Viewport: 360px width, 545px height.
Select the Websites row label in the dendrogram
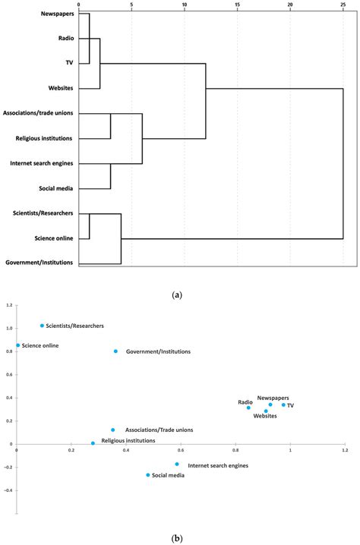tap(57, 89)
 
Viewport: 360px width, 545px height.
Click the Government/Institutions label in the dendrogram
tap(39, 263)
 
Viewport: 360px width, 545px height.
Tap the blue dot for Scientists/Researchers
tap(42, 326)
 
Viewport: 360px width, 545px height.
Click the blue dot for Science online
tap(18, 345)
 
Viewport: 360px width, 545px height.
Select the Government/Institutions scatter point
tap(115, 351)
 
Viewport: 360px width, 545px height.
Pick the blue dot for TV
tap(283, 405)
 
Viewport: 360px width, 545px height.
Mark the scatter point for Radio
tap(248, 408)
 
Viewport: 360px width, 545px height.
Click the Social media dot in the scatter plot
tap(148, 475)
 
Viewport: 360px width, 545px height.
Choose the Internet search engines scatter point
tap(177, 464)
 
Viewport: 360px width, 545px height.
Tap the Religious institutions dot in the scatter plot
tap(93, 443)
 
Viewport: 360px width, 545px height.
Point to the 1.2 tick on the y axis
tap(8, 305)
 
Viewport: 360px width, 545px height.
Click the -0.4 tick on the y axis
tap(8, 490)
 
